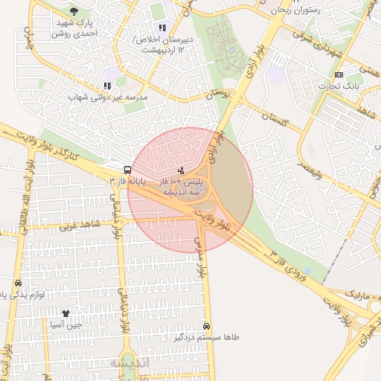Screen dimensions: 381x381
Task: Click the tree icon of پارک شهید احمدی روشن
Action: (x=74, y=11)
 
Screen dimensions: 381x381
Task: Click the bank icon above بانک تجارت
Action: (x=339, y=75)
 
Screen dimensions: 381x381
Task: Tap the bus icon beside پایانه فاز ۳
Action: (x=128, y=170)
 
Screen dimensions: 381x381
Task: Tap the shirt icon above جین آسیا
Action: (x=65, y=313)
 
